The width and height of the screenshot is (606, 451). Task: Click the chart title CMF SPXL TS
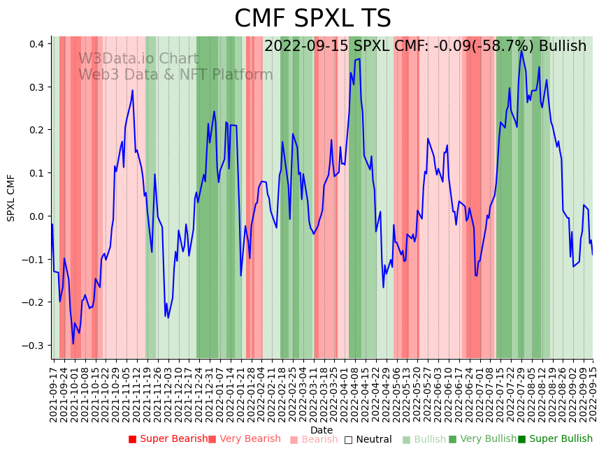pyautogui.click(x=312, y=19)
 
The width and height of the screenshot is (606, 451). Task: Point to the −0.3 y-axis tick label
pyautogui.click(x=35, y=346)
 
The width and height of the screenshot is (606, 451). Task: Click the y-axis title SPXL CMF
pyautogui.click(x=11, y=198)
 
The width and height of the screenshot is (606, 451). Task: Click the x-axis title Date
pyautogui.click(x=322, y=430)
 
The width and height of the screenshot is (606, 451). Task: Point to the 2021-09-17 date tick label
pyautogui.click(x=53, y=392)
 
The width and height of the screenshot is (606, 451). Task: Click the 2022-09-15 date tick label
pyautogui.click(x=593, y=392)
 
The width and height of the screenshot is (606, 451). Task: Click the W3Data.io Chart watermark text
pyautogui.click(x=138, y=59)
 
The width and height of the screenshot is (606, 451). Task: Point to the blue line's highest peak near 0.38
pyautogui.click(x=521, y=50)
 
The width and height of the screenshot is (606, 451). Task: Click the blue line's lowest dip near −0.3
pyautogui.click(x=73, y=343)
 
